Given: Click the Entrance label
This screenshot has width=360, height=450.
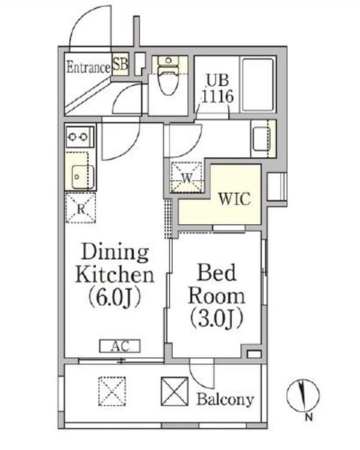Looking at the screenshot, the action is tap(88, 67).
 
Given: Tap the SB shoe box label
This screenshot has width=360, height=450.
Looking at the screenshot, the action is tap(120, 64).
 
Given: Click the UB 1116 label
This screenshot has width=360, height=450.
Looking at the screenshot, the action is tap(217, 88).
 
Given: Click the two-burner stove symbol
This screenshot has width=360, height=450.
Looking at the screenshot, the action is tap(80, 137).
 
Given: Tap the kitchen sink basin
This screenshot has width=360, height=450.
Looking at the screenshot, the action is tap(83, 177).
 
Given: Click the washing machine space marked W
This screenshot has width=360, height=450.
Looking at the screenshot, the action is tap(186, 177).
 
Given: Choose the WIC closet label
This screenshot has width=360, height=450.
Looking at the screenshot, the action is tap(235, 199).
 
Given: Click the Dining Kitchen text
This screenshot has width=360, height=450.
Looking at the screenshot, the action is tap(115, 263).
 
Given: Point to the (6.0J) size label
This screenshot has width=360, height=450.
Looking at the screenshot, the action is tap(114, 298).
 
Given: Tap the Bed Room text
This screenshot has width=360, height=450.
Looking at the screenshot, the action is tap(217, 284).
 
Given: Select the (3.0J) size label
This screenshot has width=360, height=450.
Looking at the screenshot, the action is tap(217, 318).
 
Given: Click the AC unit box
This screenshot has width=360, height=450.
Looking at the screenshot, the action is tap(120, 346).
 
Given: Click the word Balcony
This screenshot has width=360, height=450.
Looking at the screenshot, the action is tap(225, 399).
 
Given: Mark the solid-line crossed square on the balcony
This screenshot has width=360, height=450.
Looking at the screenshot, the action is tap(175, 391).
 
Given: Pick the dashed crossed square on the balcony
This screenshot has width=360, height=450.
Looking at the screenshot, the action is tap(112, 391).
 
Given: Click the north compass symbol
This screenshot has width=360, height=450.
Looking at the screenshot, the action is tap(303, 395).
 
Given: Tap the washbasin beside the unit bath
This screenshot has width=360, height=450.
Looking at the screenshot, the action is tap(262, 139).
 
